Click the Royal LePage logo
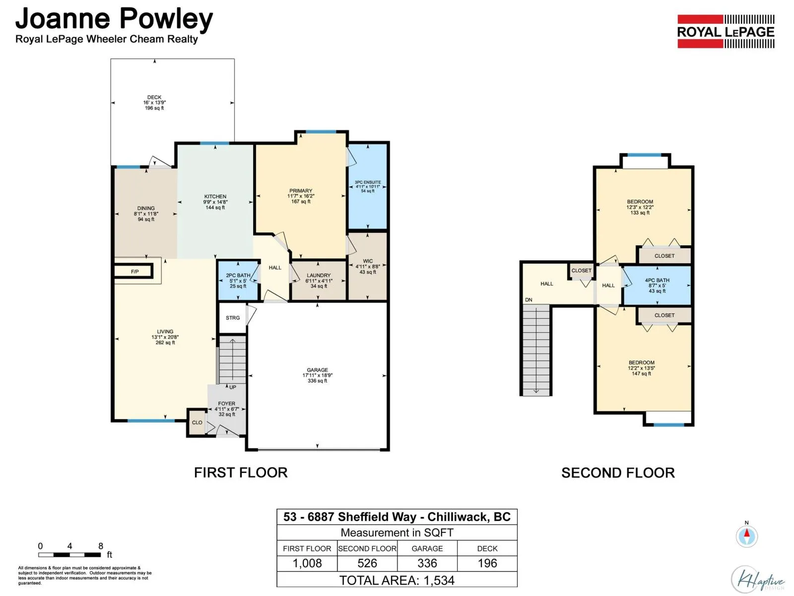726,31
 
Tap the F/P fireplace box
134,271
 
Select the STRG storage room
233,318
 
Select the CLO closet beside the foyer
197,422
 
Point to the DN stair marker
529,299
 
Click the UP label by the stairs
233,387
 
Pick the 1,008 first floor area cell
307,563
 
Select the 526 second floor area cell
367,563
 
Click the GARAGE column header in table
427,548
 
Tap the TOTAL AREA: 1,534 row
397,580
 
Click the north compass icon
747,536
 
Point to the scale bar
70,555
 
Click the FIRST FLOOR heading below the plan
241,473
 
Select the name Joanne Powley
114,19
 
